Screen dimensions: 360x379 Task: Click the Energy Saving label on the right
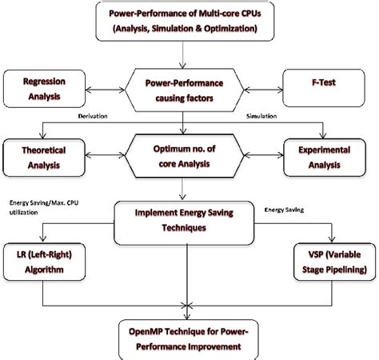285,210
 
